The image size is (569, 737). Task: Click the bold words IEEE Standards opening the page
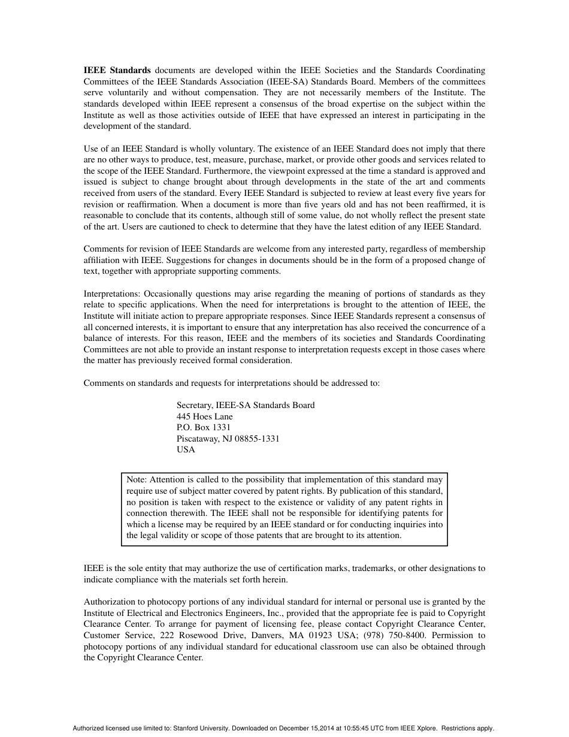(x=117, y=70)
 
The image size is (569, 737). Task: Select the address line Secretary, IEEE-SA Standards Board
(x=245, y=406)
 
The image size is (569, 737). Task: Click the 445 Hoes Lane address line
(x=204, y=416)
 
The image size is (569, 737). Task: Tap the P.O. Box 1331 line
(x=203, y=428)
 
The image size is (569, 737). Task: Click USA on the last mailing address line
(x=186, y=450)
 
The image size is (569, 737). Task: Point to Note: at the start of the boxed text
(x=137, y=480)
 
